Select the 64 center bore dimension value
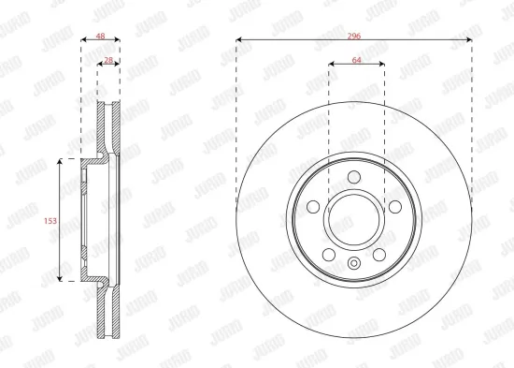[x=356, y=59]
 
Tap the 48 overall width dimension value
[x=100, y=38]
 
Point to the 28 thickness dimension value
[x=109, y=60]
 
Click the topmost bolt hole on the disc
[x=354, y=178]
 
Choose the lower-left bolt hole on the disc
[x=328, y=255]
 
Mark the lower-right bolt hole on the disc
[x=380, y=255]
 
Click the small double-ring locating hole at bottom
[x=354, y=262]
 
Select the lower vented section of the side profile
[x=110, y=314]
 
